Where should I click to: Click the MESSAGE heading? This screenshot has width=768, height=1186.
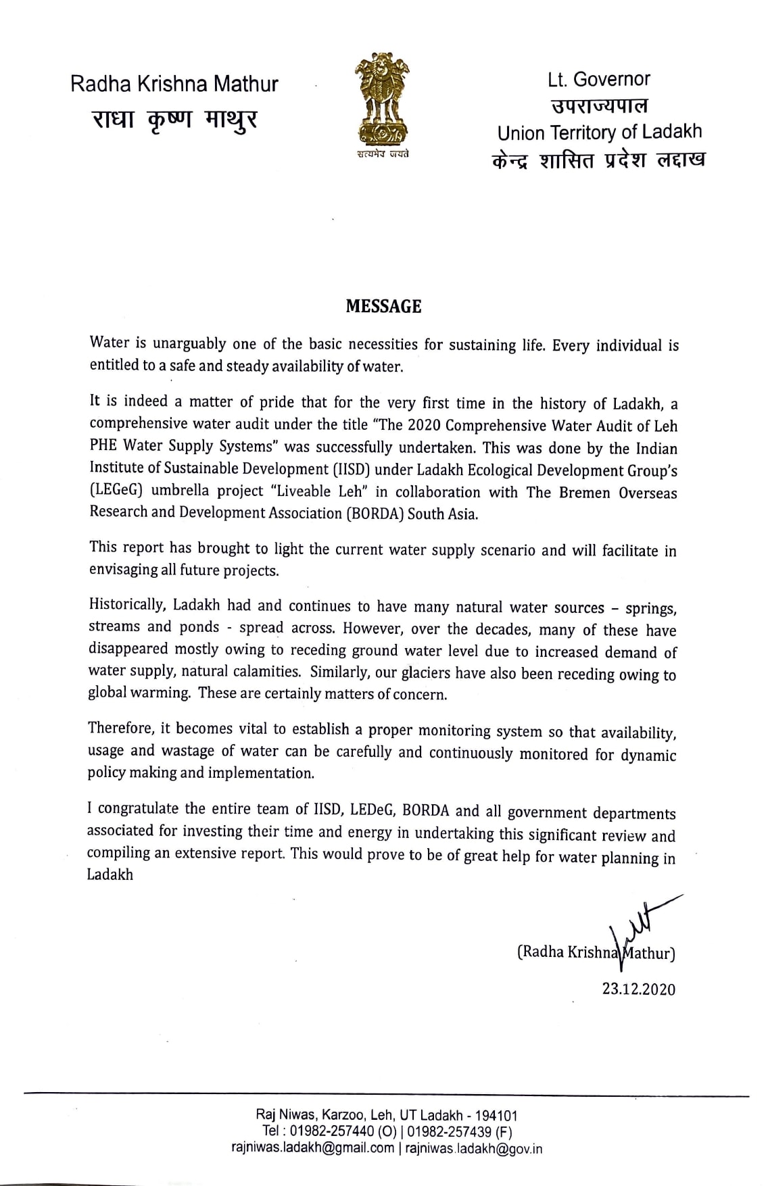click(x=383, y=307)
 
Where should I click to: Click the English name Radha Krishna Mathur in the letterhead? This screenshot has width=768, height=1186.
click(x=174, y=84)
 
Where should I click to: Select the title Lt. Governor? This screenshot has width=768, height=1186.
click(x=599, y=80)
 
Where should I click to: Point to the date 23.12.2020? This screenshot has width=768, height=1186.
click(x=639, y=989)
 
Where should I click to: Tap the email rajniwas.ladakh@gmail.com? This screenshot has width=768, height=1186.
click(x=312, y=1147)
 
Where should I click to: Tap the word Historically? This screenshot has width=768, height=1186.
click(x=127, y=606)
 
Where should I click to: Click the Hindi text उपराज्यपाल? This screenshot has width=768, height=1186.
click(x=599, y=106)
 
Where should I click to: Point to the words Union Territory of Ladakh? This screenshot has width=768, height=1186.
click(x=599, y=132)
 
